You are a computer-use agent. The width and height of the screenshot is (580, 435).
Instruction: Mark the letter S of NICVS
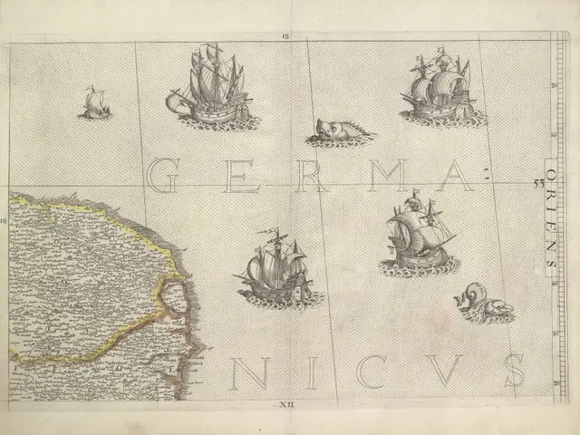pyautogui.click(x=514, y=372)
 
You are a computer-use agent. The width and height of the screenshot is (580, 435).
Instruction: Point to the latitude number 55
pyautogui.click(x=537, y=182)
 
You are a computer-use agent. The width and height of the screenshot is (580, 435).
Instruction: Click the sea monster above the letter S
pyautogui.click(x=483, y=303)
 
